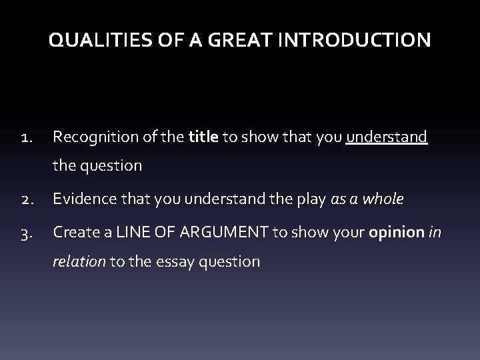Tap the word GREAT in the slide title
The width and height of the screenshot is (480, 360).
tap(225, 41)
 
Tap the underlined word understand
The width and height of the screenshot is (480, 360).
tap(387, 137)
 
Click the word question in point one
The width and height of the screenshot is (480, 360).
tap(111, 166)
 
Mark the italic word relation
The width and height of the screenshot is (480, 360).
tap(79, 261)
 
